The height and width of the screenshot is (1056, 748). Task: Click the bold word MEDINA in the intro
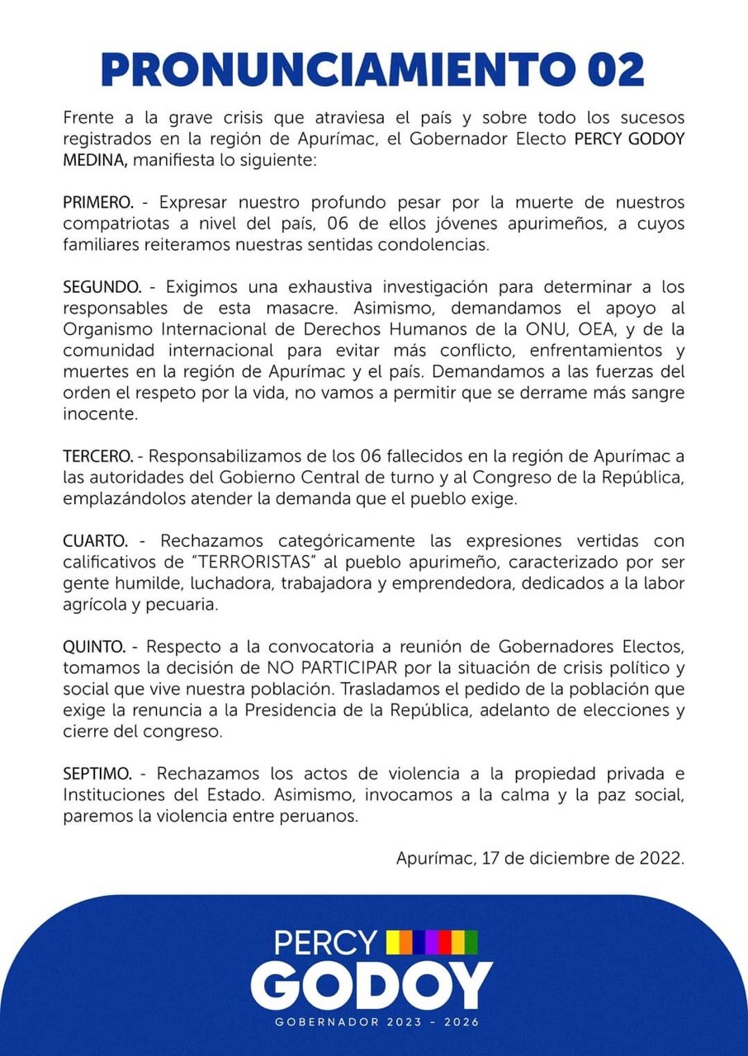(94, 160)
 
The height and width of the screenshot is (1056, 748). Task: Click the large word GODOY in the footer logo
(372, 986)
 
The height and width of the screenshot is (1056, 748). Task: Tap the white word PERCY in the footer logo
(325, 942)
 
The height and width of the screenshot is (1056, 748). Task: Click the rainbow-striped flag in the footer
(433, 941)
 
